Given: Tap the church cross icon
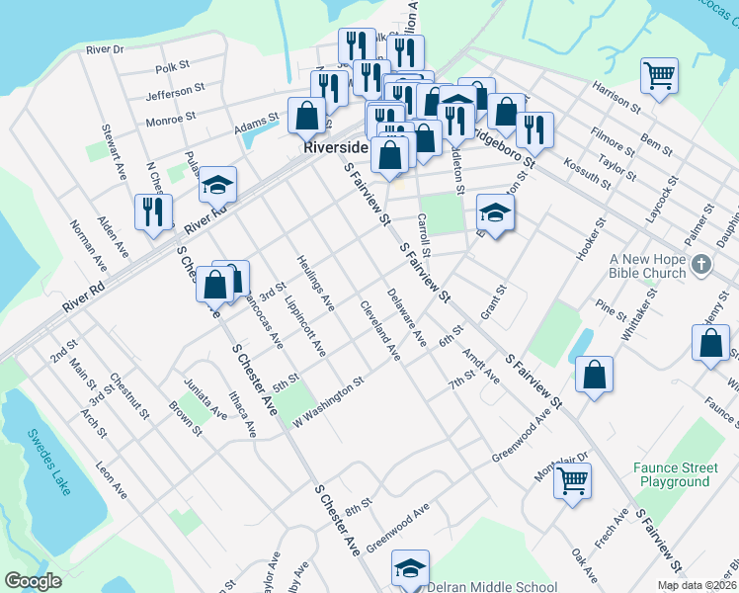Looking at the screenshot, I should pyautogui.click(x=701, y=265).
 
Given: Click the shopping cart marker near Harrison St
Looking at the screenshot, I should pyautogui.click(x=658, y=75).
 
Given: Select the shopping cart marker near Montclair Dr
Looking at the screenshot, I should pyautogui.click(x=572, y=481).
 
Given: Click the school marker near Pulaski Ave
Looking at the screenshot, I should pyautogui.click(x=217, y=185).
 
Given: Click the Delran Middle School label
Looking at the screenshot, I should pyautogui.click(x=492, y=586).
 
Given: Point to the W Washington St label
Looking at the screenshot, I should pyautogui.click(x=327, y=400).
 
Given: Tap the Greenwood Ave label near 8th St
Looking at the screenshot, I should pyautogui.click(x=398, y=529).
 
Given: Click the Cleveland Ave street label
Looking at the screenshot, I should pyautogui.click(x=380, y=329).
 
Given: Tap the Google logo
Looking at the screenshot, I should pyautogui.click(x=33, y=581).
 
